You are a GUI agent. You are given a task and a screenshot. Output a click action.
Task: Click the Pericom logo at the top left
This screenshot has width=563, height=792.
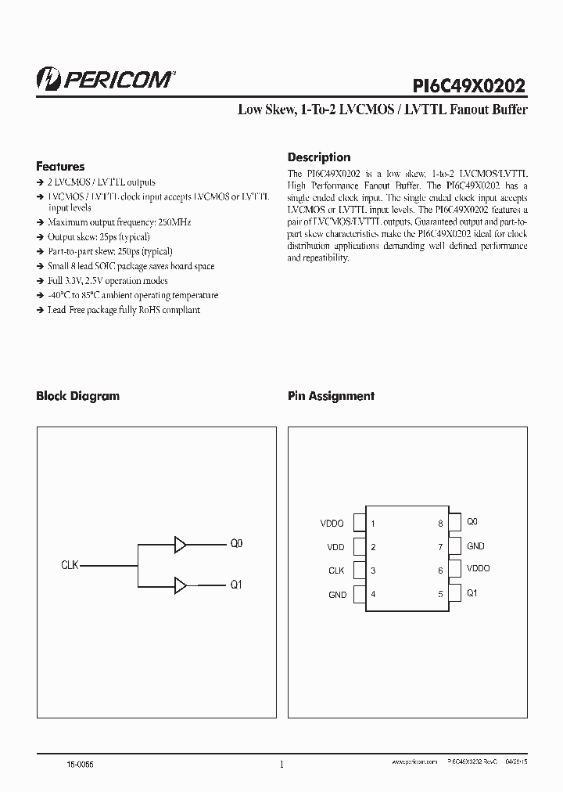[106, 80]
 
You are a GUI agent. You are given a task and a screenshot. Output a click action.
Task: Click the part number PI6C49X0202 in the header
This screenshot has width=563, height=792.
[468, 84]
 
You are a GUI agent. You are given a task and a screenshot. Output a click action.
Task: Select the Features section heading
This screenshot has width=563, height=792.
[60, 167]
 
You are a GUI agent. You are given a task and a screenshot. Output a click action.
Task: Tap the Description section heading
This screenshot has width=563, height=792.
[319, 157]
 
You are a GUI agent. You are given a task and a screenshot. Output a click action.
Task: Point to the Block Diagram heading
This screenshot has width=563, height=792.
[77, 396]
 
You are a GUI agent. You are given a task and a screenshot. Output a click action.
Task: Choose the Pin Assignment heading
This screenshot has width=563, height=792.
[331, 396]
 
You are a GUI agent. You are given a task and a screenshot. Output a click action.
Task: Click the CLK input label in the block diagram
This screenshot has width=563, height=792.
[70, 564]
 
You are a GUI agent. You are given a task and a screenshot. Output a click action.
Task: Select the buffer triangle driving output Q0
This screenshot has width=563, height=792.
[181, 544]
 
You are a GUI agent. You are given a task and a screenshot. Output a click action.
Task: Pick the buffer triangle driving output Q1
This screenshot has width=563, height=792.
[181, 585]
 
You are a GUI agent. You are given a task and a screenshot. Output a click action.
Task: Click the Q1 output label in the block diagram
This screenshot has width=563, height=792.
[236, 585]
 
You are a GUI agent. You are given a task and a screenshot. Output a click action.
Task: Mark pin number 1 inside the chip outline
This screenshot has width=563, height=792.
[373, 524]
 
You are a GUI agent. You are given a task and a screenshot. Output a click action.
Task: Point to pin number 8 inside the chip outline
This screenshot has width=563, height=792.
[440, 524]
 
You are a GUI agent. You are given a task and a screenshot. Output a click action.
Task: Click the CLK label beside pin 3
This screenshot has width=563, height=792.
[336, 571]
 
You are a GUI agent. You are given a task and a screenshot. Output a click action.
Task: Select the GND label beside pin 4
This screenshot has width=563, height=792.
[337, 595]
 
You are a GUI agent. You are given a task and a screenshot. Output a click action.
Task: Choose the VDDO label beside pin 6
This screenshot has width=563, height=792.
[479, 569]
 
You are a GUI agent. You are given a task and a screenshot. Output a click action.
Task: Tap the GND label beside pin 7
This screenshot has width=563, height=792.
[475, 546]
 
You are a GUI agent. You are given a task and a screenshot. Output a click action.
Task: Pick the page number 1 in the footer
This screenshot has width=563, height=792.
[281, 765]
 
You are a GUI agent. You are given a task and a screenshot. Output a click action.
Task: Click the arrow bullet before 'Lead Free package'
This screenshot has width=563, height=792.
[40, 310]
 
